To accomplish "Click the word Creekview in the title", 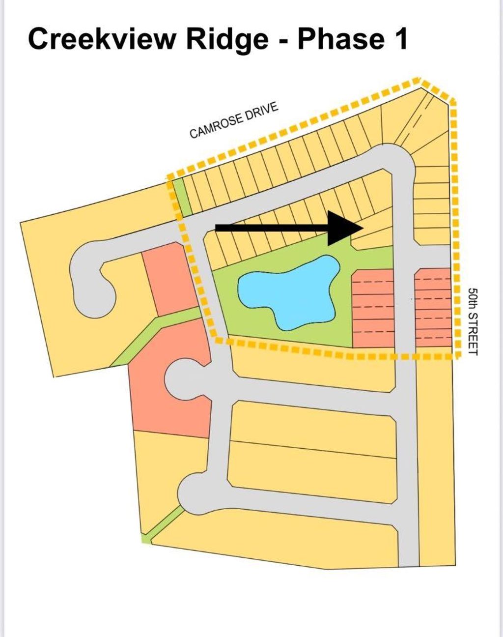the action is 101,39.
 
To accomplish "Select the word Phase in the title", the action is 340,39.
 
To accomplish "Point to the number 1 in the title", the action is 400,39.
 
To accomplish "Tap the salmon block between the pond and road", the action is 373,308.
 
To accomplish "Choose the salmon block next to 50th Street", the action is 433,308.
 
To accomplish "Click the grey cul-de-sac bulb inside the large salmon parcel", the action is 183,380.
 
